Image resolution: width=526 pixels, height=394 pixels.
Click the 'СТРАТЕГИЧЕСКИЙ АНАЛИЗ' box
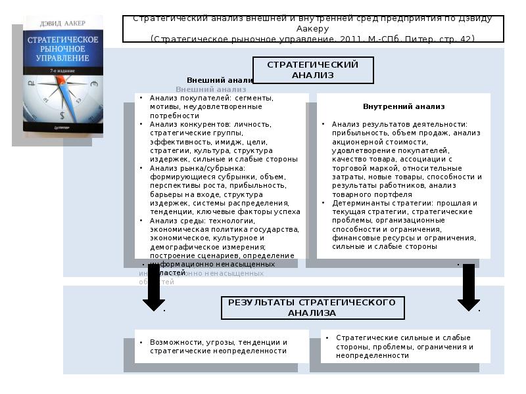click(313, 70)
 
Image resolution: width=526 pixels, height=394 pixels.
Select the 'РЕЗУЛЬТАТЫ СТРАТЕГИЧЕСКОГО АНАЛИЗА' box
click(312, 307)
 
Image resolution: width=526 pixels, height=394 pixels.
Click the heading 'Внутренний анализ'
click(404, 106)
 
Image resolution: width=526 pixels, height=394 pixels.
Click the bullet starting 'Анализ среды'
click(197, 221)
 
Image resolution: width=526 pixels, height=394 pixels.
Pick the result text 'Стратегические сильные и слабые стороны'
click(402, 338)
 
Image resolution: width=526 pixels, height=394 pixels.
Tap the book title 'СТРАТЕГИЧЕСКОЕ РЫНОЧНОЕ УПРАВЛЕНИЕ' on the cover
click(62, 49)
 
